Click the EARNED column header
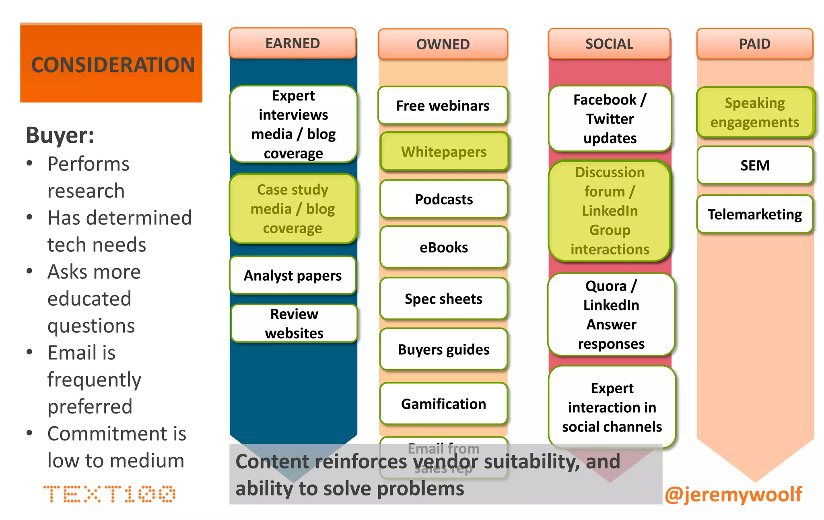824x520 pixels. point(293,43)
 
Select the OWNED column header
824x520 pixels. point(443,44)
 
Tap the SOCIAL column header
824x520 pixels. point(609,43)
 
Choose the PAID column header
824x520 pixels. point(755,43)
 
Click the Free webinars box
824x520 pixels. point(443,105)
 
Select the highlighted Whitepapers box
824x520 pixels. point(444,152)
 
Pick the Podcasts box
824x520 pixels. point(444,199)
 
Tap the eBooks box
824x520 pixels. point(444,247)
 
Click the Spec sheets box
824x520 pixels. point(443,299)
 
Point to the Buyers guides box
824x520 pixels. point(443,349)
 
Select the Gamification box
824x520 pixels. point(443,404)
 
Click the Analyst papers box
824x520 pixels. point(293,275)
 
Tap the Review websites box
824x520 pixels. point(294,323)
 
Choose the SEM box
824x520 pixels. point(755,165)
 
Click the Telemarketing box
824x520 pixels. point(755,214)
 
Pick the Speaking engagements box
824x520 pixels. point(755,113)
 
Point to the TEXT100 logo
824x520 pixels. point(109,494)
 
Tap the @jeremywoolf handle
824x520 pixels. point(733,494)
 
